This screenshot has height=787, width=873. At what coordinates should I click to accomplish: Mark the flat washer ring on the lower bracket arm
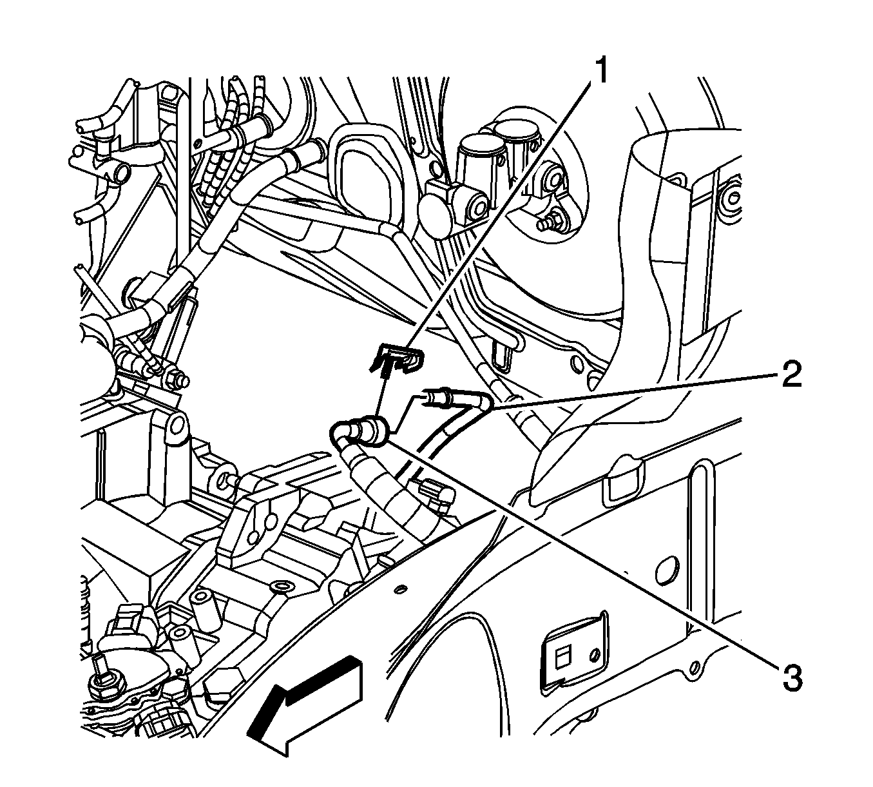[x=281, y=587]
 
